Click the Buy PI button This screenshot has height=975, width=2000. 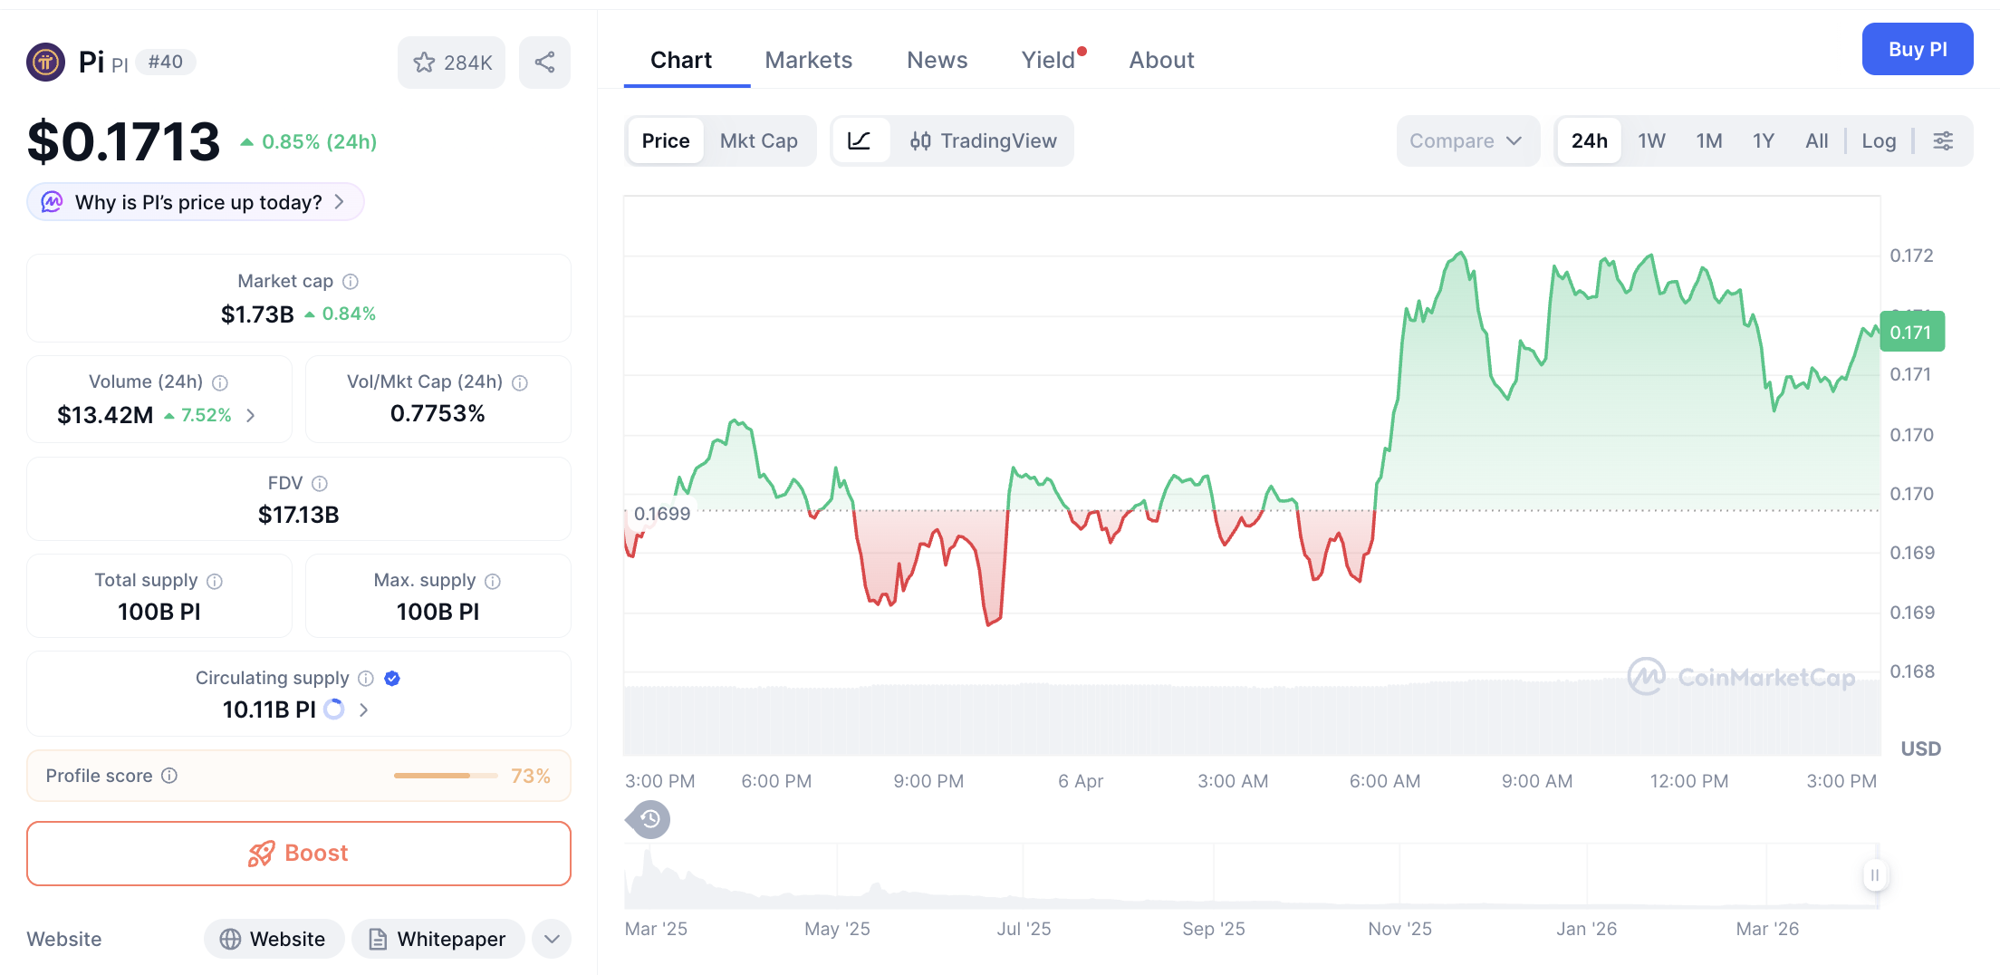[x=1917, y=50]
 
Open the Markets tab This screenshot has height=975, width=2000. [x=808, y=60]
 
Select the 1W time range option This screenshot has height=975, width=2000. [x=1651, y=141]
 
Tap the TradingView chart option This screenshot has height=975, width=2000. [x=984, y=141]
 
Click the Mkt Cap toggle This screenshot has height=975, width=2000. [x=758, y=141]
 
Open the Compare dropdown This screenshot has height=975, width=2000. [x=1466, y=141]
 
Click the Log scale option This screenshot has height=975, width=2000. [x=1878, y=141]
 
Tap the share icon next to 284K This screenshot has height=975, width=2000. [x=544, y=63]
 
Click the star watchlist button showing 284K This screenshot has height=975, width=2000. [x=451, y=63]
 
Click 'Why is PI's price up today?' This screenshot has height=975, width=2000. [x=197, y=202]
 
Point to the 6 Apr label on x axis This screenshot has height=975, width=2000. [x=1080, y=781]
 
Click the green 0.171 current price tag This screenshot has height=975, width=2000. [x=1911, y=333]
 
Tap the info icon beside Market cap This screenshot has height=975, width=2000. [x=351, y=282]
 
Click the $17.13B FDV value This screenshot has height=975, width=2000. [x=298, y=515]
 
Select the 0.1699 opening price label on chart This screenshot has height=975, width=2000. [x=661, y=514]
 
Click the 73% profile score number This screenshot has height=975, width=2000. [x=530, y=776]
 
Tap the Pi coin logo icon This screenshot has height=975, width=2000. [x=45, y=63]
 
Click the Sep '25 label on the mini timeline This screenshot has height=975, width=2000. [x=1213, y=929]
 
